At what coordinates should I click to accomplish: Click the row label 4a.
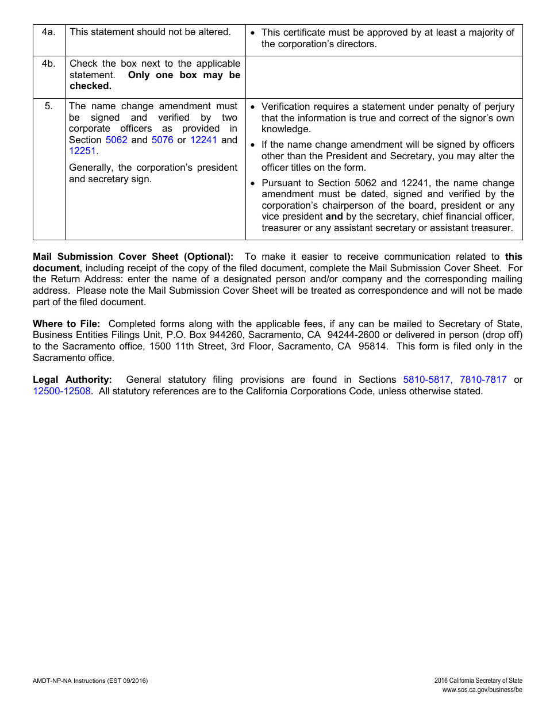point(48,32)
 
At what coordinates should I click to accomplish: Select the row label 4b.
point(48,64)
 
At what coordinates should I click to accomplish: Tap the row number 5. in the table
point(48,106)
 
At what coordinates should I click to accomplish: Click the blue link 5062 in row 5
point(117,140)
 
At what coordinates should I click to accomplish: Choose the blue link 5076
point(162,140)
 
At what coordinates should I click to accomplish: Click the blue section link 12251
point(83,151)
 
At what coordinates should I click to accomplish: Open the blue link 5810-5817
point(427,379)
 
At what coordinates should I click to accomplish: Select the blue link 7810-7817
point(483,379)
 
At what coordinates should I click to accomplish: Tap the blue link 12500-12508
point(61,391)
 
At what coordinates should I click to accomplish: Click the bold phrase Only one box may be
point(184,75)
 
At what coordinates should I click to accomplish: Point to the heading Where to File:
point(66,324)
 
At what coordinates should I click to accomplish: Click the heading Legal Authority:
point(72,379)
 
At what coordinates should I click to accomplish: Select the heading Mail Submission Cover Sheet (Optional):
point(133,257)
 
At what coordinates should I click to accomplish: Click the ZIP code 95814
point(373,346)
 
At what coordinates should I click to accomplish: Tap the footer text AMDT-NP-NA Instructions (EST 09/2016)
point(90,681)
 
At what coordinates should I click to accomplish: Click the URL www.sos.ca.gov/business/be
point(482,689)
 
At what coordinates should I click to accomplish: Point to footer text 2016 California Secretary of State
point(478,681)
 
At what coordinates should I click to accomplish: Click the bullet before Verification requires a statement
point(253,107)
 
